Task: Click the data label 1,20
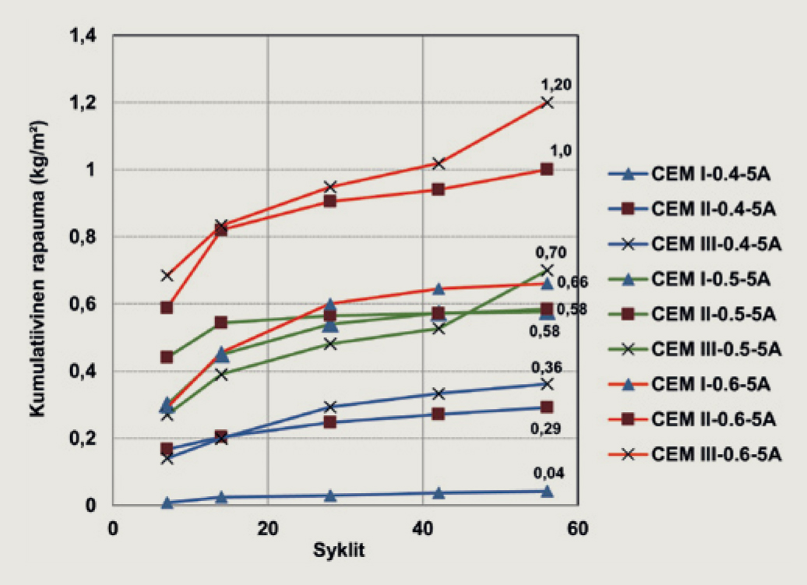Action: tap(556, 85)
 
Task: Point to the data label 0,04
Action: tap(548, 474)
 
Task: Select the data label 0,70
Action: tap(551, 252)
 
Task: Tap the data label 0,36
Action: tap(547, 368)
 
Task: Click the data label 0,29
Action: tap(545, 428)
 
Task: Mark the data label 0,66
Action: tap(573, 282)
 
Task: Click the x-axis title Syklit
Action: tap(339, 551)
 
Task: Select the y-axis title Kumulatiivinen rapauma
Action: tap(37, 269)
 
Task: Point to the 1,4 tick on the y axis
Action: tap(83, 36)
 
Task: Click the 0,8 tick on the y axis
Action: tap(83, 237)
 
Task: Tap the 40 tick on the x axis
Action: tap(422, 528)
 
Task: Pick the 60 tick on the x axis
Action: tap(577, 528)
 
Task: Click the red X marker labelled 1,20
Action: tap(547, 102)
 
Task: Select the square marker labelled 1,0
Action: tap(547, 169)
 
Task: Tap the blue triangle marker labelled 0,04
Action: tap(547, 492)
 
